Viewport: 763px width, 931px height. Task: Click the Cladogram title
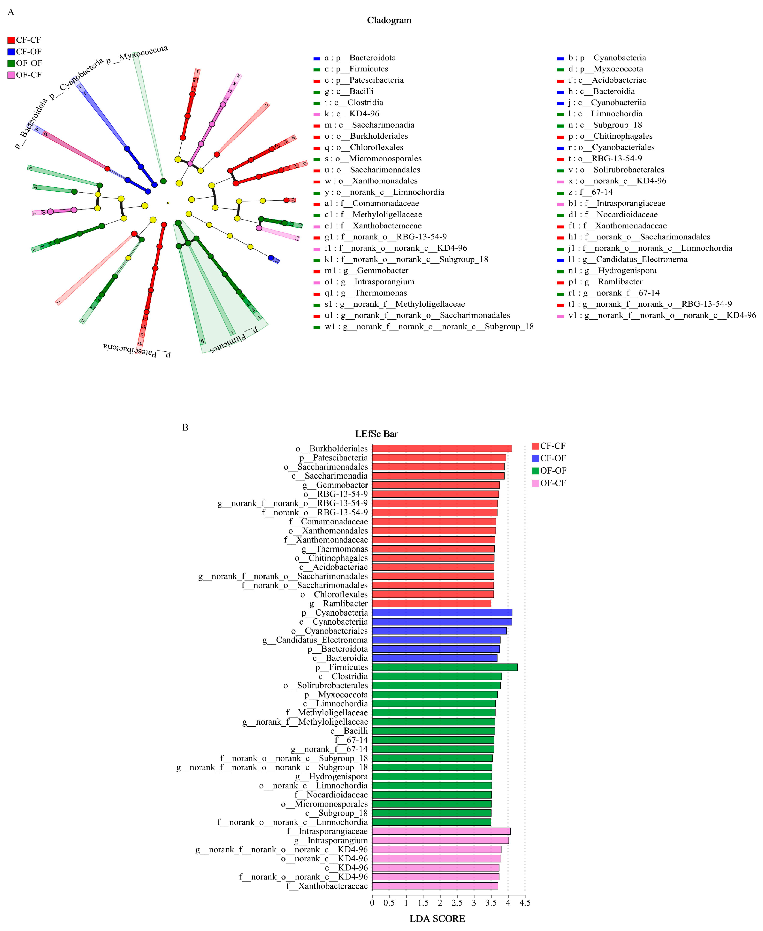click(x=389, y=20)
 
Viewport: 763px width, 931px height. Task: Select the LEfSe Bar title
click(x=376, y=434)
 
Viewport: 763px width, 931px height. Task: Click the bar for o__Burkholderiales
click(x=442, y=448)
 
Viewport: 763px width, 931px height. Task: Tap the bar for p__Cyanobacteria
click(x=442, y=613)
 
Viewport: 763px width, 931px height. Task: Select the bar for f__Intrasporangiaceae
click(x=441, y=831)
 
